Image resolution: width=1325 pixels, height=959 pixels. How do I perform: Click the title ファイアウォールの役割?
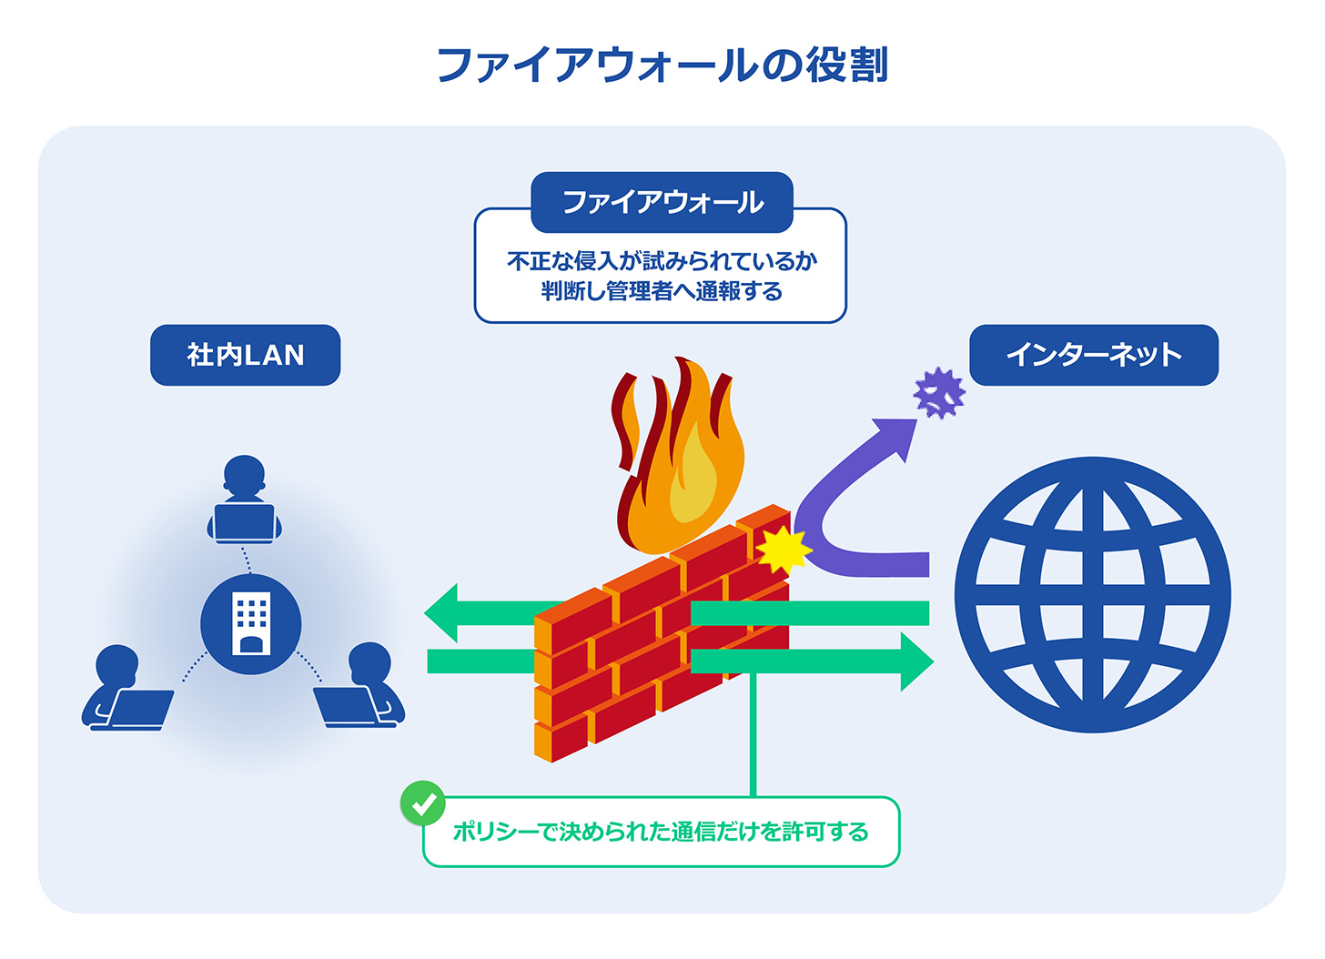tap(662, 66)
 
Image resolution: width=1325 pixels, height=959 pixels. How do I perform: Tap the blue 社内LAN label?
tap(245, 355)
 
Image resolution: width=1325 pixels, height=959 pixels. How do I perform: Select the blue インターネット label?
tap(1093, 355)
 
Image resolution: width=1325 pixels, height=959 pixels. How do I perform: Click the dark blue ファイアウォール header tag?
tap(662, 202)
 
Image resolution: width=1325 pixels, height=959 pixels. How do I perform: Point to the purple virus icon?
tap(939, 393)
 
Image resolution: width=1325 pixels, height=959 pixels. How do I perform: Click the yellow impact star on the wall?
tap(782, 549)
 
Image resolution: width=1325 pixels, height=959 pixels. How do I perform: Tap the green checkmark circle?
tap(423, 803)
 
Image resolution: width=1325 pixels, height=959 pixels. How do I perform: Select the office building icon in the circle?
tap(251, 624)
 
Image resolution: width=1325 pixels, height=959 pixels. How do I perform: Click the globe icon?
tap(1092, 595)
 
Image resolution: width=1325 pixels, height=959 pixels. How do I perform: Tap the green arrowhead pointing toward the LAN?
tap(443, 613)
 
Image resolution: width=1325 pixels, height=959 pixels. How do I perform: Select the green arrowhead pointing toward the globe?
tap(915, 661)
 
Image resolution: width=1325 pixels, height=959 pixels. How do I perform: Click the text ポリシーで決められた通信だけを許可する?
tap(661, 832)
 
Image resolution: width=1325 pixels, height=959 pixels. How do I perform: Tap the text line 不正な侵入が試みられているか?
tap(662, 261)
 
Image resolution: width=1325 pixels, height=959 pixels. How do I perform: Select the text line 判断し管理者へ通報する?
tap(662, 291)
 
